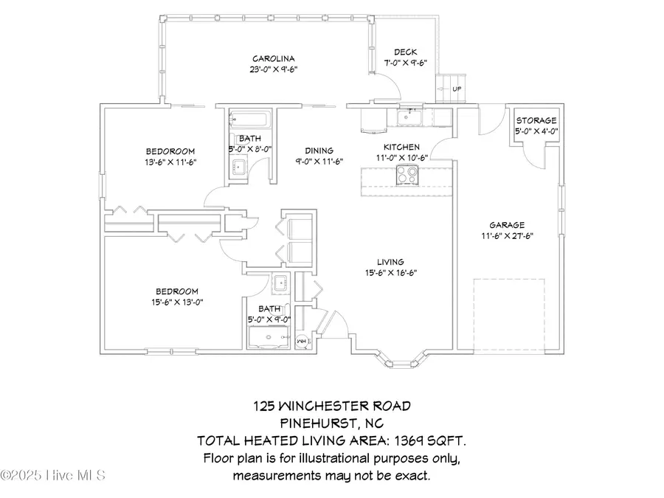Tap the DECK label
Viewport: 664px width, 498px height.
pyautogui.click(x=405, y=52)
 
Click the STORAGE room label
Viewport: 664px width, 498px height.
pyautogui.click(x=536, y=121)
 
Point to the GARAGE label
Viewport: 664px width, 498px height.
pyautogui.click(x=506, y=225)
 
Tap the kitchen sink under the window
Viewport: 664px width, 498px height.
pyautogui.click(x=407, y=117)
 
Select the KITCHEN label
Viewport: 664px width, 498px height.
pyautogui.click(x=401, y=148)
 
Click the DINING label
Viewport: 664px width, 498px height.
pyautogui.click(x=314, y=150)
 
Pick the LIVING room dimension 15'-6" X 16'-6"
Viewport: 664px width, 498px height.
pyautogui.click(x=390, y=273)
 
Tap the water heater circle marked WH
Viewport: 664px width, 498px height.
pyautogui.click(x=302, y=342)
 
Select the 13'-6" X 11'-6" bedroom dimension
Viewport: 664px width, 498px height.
pyautogui.click(x=170, y=162)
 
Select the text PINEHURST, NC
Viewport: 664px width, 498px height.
pyautogui.click(x=331, y=423)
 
